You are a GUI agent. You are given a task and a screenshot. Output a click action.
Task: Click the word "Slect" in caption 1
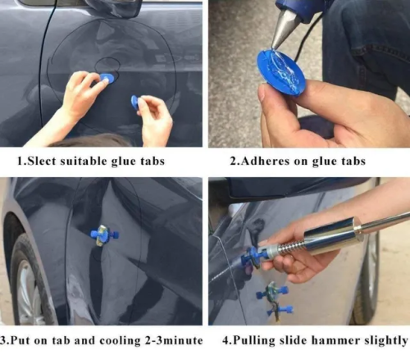tap(41, 161)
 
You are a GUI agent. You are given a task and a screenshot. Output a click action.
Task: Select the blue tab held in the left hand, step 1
tap(107, 77)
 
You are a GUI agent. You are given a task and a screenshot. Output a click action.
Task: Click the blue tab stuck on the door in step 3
tap(105, 235)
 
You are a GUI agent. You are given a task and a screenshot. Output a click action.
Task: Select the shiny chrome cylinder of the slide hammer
tap(333, 235)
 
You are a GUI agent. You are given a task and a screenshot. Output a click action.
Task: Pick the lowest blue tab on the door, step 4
tap(280, 311)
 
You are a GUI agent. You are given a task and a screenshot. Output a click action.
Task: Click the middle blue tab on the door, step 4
tap(273, 292)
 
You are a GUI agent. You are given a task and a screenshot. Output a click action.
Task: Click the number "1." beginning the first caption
tap(22, 161)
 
